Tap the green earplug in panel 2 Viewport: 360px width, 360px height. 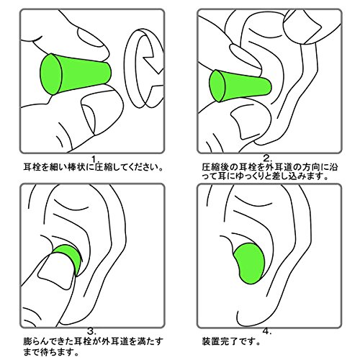coord(240,86)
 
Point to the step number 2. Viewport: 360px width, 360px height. coord(268,158)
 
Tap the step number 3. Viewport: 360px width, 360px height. coord(91,332)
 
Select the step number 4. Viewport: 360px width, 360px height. coord(267,331)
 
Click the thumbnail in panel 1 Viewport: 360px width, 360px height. coord(89,118)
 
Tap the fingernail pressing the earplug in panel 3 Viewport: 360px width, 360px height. coord(55,271)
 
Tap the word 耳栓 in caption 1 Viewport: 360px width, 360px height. coord(32,167)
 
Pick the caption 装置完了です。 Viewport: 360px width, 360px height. coord(231,341)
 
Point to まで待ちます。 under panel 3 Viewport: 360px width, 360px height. coord(51,353)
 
